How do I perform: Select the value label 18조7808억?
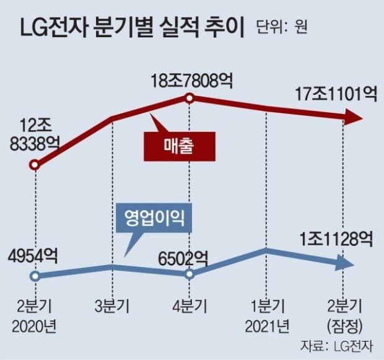pos(190,80)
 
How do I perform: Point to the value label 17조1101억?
pos(337,95)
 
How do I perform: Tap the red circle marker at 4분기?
pos(190,98)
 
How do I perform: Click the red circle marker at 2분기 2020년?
pos(35,165)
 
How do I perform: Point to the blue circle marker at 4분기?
pos(190,273)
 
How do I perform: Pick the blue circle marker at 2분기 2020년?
pos(35,276)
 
